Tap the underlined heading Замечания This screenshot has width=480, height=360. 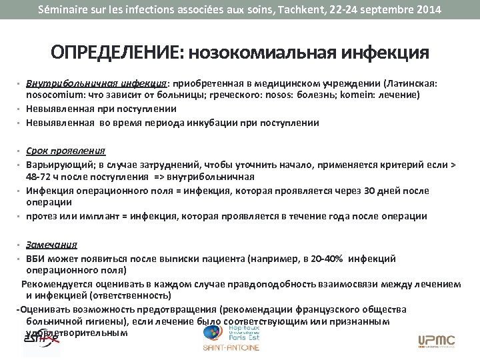click(x=52, y=245)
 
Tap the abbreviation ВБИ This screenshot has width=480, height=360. click(x=36, y=258)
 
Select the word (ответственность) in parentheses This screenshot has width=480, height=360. click(x=133, y=295)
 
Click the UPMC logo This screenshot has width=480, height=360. click(x=437, y=341)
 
